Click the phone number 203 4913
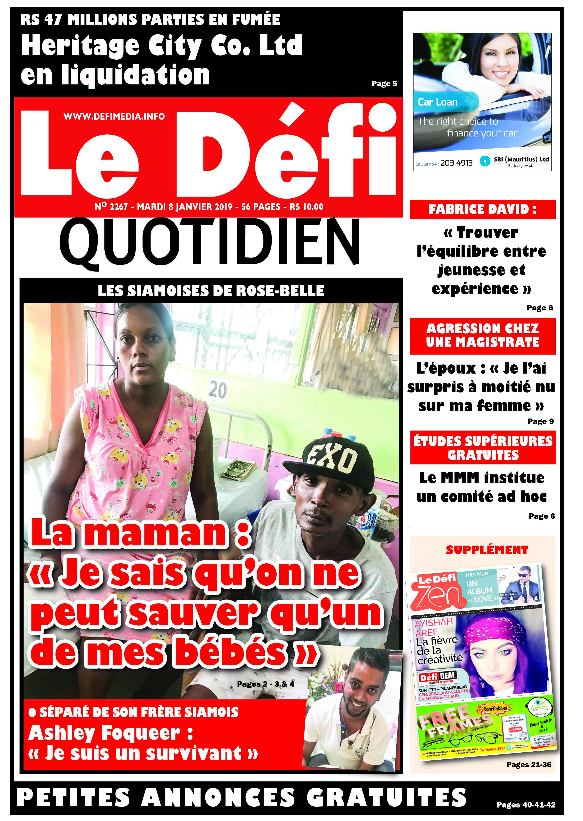point(456,163)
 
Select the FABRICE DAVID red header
point(483,209)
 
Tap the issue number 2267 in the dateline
point(118,207)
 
